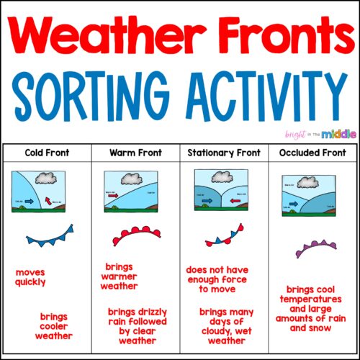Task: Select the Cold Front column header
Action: (x=46, y=153)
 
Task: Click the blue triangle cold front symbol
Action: (x=49, y=234)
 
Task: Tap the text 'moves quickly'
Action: (x=30, y=277)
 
